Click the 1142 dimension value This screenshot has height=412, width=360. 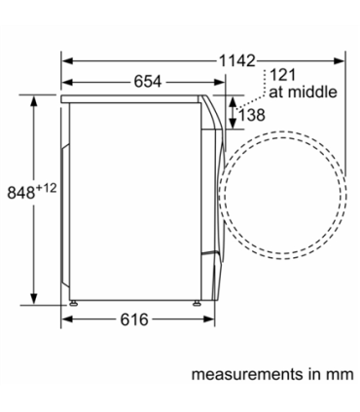[237, 60]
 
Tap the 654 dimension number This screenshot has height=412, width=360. [148, 82]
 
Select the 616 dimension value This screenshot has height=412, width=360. [134, 319]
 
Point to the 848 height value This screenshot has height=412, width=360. [21, 193]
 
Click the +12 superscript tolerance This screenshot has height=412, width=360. [46, 188]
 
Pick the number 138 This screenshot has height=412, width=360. [252, 115]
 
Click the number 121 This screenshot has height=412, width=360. [282, 75]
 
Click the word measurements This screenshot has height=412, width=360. [247, 374]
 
